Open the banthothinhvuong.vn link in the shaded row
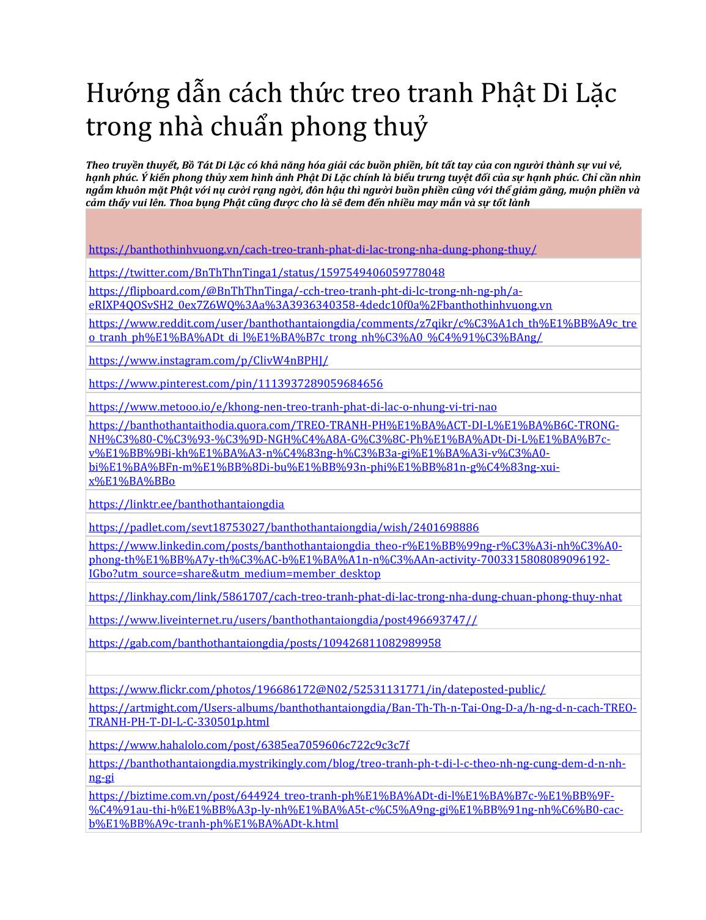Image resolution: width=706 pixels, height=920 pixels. click(312, 249)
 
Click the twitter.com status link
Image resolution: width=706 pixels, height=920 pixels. click(267, 273)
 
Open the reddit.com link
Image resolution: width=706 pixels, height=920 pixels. click(362, 330)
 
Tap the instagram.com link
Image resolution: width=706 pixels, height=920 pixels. click(208, 361)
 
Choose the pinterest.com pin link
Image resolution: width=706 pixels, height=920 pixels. click(235, 384)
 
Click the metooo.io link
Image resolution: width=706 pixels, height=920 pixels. click(292, 407)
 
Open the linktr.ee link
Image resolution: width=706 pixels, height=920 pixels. click(186, 504)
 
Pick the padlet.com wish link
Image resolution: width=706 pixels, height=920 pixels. click(284, 528)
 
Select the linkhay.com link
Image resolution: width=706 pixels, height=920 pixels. click(355, 597)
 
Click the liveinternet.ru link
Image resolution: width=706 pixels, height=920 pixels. click(282, 620)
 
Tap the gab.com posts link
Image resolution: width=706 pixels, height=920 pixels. click(265, 643)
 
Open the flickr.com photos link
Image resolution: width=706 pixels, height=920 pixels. click(317, 690)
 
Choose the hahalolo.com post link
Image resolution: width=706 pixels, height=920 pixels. click(249, 745)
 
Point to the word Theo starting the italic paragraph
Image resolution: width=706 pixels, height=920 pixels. click(97, 166)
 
